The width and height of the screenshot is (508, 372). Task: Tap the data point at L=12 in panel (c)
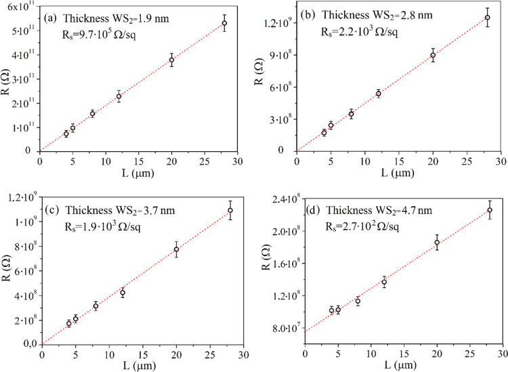[123, 293]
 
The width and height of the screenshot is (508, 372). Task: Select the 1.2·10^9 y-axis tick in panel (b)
[279, 23]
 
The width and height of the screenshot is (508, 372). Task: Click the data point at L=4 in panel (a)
[66, 133]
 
